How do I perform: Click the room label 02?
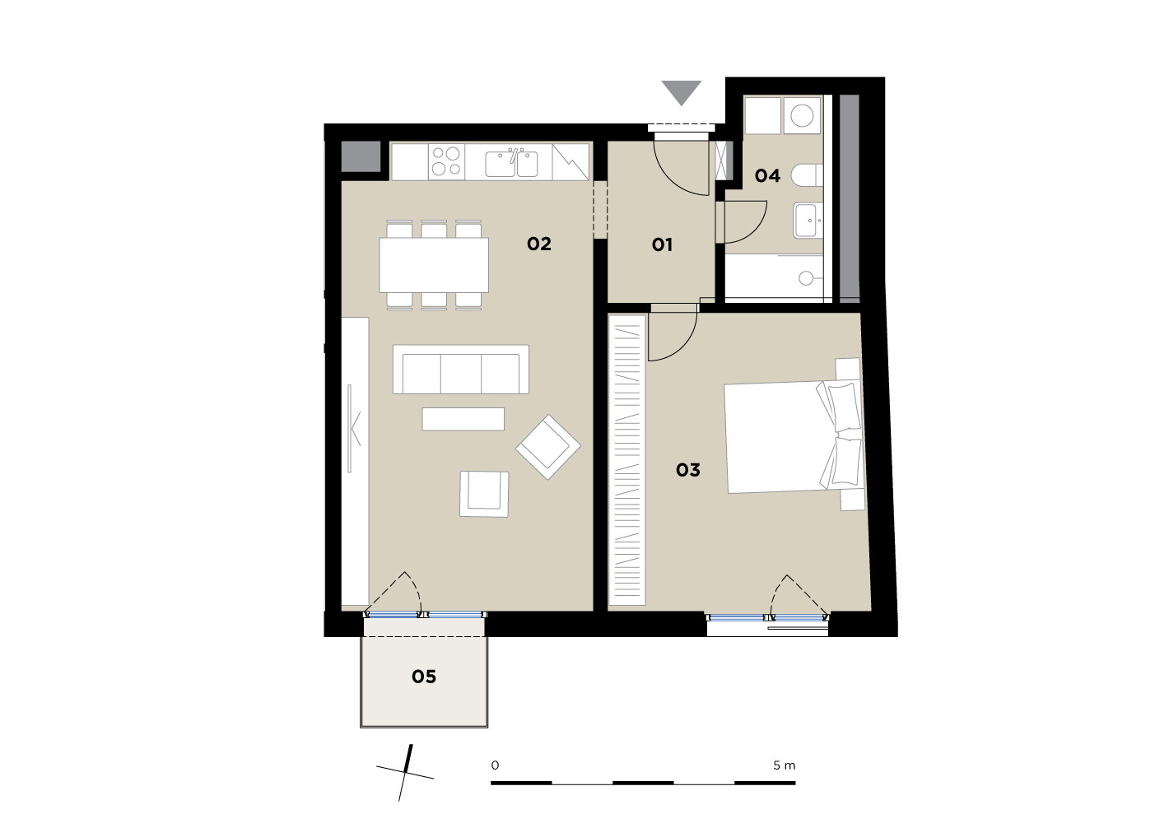click(x=538, y=244)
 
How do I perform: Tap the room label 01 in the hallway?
click(x=662, y=244)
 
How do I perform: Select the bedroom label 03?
click(x=687, y=470)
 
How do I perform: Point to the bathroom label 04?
click(x=767, y=176)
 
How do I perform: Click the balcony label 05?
click(x=423, y=677)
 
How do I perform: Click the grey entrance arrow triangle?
click(x=681, y=93)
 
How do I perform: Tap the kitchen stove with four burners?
click(x=446, y=161)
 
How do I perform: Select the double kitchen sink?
click(x=511, y=163)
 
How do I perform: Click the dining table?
click(x=434, y=264)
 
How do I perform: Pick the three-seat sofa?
click(x=461, y=369)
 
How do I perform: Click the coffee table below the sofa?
click(x=463, y=419)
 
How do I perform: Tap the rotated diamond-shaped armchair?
click(x=548, y=447)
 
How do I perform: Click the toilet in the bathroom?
click(x=807, y=175)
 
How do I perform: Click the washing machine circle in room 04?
click(x=802, y=116)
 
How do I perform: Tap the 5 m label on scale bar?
click(x=784, y=765)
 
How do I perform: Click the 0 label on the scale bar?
click(x=495, y=765)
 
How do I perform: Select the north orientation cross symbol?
click(x=406, y=773)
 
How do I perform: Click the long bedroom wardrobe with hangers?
click(x=626, y=459)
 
